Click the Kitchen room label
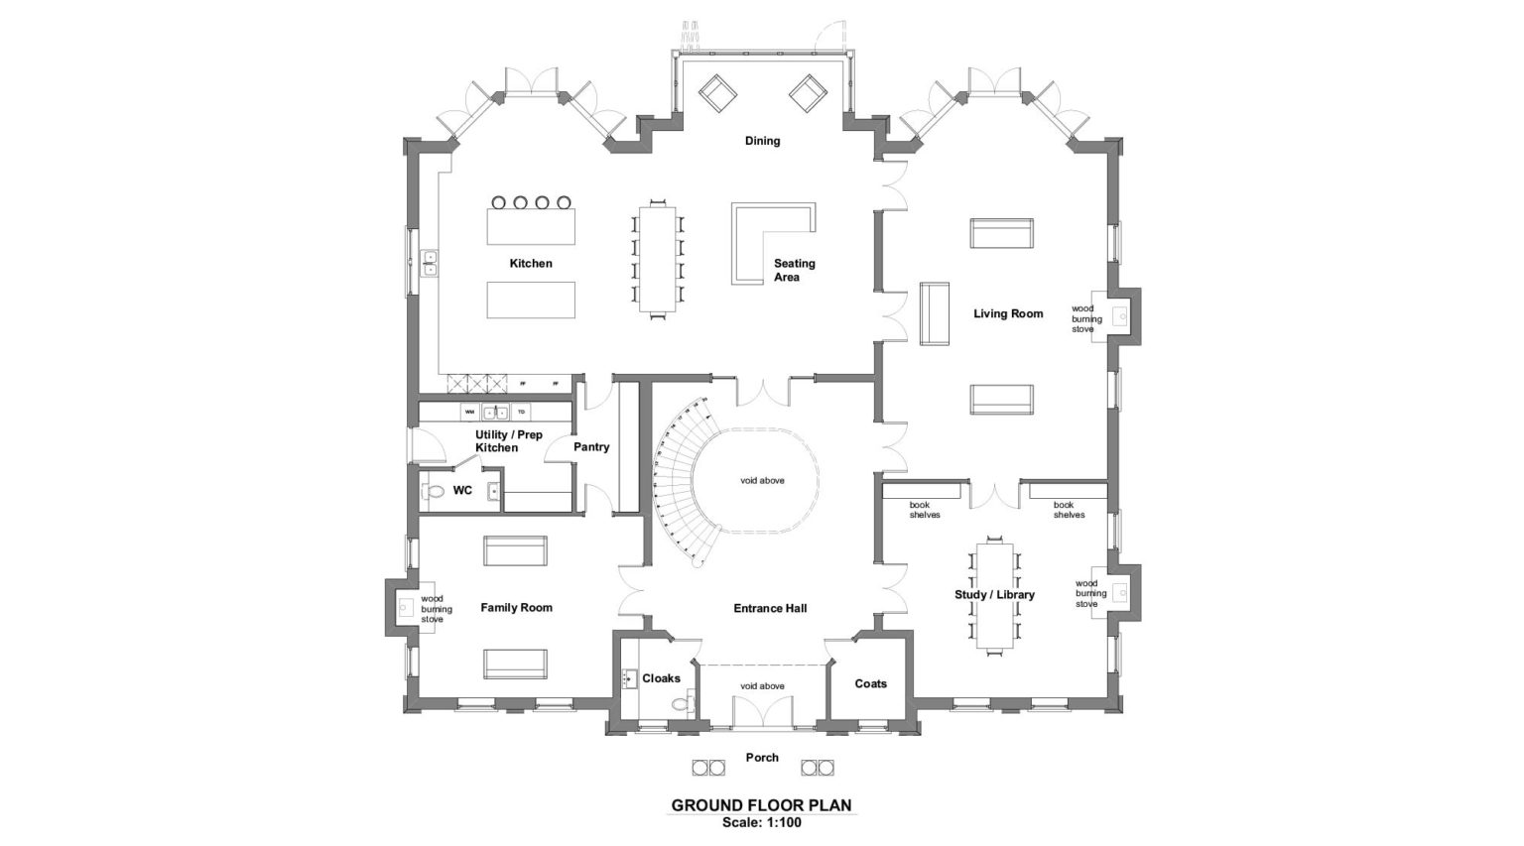[x=531, y=263]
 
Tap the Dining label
[x=762, y=141]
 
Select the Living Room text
[x=1008, y=313]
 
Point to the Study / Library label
[x=994, y=594]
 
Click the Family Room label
[x=516, y=607]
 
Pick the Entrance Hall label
[x=770, y=608]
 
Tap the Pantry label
[x=591, y=447]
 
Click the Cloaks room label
[x=661, y=678]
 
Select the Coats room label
[x=870, y=683]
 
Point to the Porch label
[x=762, y=758]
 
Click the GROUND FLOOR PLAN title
[x=761, y=805]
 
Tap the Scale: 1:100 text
[x=761, y=822]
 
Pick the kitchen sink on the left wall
[x=431, y=263]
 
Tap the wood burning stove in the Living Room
[x=1119, y=316]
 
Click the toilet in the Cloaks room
[x=680, y=704]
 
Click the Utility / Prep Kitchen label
[x=508, y=441]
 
